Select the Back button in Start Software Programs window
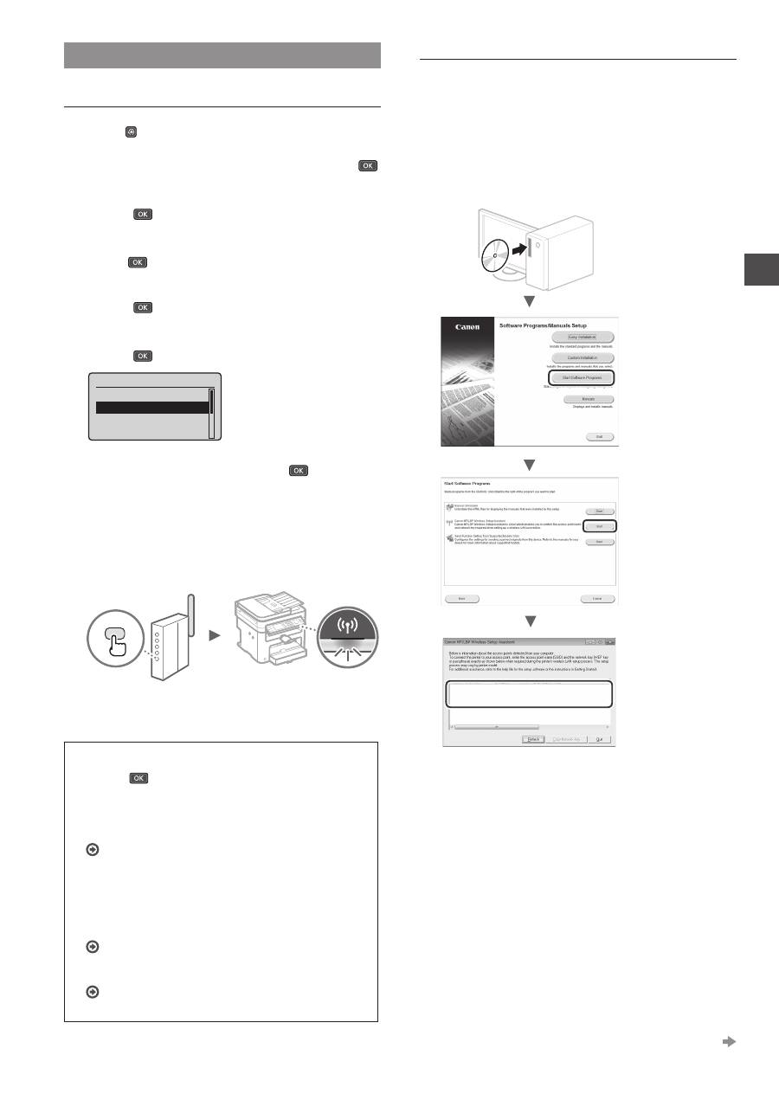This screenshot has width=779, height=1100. [x=462, y=598]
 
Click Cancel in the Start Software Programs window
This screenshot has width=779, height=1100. [x=597, y=598]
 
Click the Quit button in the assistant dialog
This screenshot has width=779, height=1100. [x=598, y=739]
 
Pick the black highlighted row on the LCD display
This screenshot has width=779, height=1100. [x=152, y=408]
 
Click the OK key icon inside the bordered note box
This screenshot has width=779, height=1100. [x=138, y=779]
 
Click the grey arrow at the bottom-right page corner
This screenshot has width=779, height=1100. [x=729, y=1042]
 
